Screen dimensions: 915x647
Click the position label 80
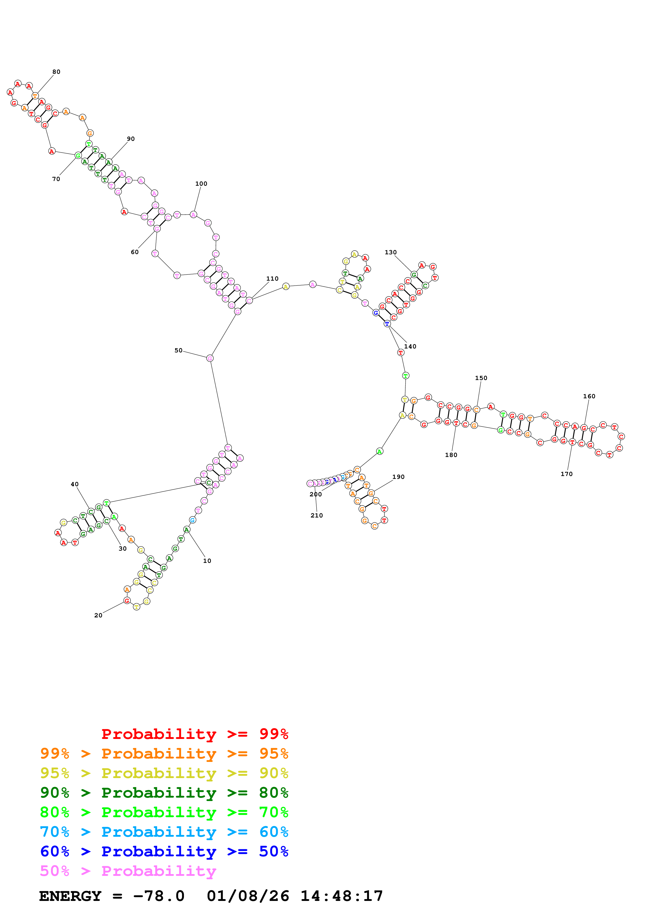(56, 72)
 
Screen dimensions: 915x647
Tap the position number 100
(201, 184)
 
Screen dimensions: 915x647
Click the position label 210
(317, 515)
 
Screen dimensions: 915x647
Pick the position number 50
(178, 350)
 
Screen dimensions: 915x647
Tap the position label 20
(98, 615)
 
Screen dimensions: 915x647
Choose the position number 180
(451, 455)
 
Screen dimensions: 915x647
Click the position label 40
(75, 484)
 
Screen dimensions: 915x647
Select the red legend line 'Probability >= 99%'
(194, 734)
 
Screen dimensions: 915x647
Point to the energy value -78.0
(159, 896)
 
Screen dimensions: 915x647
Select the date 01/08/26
(248, 896)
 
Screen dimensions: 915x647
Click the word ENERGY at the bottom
(70, 896)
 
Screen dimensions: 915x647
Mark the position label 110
(272, 279)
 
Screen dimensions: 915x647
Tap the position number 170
(566, 474)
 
